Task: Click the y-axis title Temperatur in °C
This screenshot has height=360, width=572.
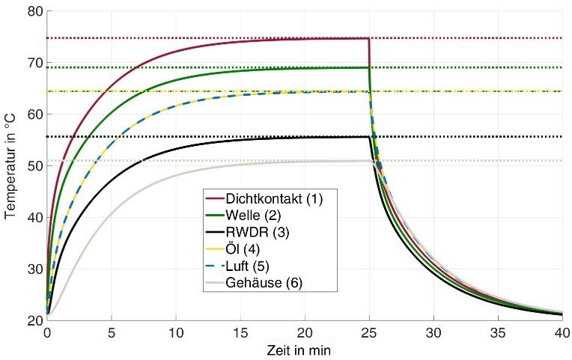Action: pyautogui.click(x=10, y=166)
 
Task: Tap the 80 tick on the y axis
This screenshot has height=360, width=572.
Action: pyautogui.click(x=34, y=12)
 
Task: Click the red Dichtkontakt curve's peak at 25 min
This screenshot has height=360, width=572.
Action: pyautogui.click(x=368, y=38)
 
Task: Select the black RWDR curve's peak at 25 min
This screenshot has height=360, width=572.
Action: pyautogui.click(x=368, y=136)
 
